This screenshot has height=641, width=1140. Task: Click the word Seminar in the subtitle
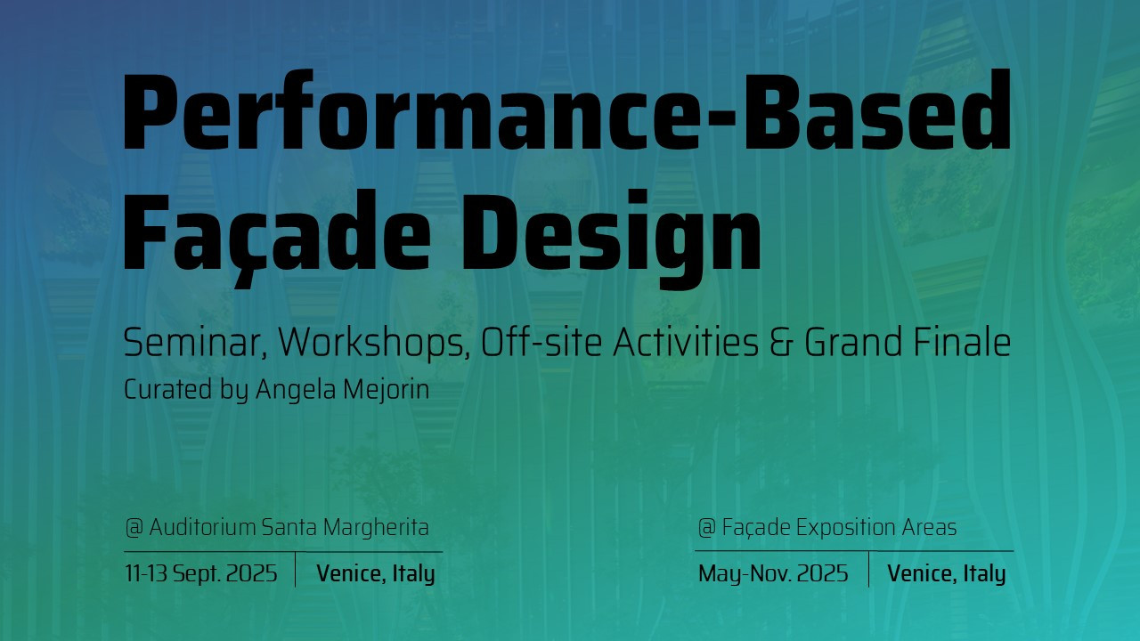(x=197, y=343)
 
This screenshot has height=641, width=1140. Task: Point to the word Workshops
(x=374, y=344)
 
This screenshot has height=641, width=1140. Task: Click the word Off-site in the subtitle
(x=541, y=343)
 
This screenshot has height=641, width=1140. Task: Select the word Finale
(x=962, y=343)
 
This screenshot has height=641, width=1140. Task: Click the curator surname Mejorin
(x=387, y=390)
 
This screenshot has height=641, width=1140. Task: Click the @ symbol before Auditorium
(x=134, y=527)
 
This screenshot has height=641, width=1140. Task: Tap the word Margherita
(x=376, y=528)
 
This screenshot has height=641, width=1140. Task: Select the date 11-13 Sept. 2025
(x=201, y=573)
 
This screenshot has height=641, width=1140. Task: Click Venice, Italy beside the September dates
(x=376, y=574)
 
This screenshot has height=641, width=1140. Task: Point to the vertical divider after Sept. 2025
(x=295, y=569)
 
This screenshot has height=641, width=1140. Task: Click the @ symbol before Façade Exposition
(x=707, y=527)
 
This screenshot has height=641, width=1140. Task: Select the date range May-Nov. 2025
(x=773, y=574)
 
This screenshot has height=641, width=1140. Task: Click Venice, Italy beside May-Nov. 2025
(x=947, y=574)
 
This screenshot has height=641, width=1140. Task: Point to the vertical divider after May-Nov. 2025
(x=868, y=569)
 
